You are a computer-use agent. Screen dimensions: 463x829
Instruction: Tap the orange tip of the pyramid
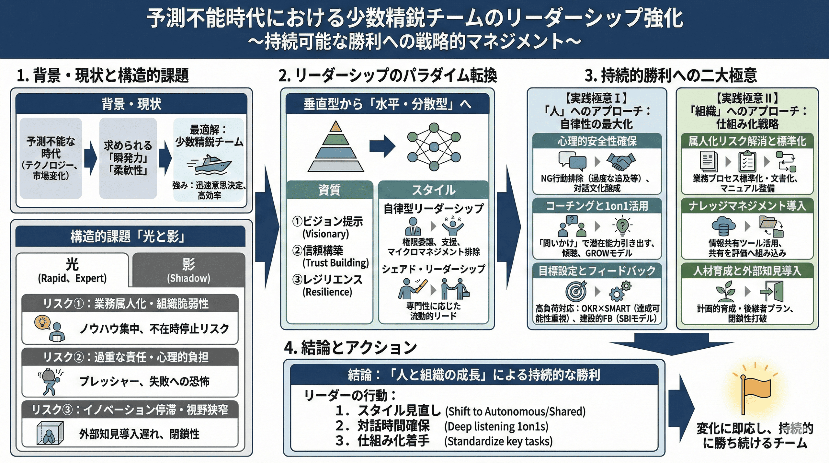(336, 127)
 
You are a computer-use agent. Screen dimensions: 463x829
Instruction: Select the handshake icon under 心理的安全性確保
(620, 161)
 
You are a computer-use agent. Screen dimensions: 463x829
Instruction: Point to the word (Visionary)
(325, 234)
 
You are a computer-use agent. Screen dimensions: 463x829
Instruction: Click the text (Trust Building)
(335, 263)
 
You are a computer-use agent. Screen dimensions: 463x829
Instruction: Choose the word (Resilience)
(327, 292)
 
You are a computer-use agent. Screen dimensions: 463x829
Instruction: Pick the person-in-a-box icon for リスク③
(50, 433)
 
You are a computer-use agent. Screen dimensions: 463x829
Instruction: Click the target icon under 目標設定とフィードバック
(576, 291)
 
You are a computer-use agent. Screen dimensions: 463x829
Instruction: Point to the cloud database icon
(723, 226)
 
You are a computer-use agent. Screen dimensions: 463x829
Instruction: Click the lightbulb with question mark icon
(622, 226)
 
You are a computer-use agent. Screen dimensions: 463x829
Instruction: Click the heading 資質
(329, 190)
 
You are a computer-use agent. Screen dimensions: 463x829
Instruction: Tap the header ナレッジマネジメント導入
(747, 206)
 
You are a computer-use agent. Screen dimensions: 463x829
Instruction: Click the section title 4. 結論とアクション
(350, 347)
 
